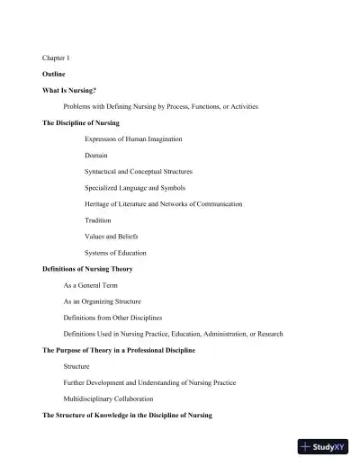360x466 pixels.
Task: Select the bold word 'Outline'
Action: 54,73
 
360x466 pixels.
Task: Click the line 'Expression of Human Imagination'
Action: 133,139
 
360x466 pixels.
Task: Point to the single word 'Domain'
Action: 96,155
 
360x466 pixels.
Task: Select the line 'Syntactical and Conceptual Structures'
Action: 139,171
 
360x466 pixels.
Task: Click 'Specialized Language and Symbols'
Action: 133,187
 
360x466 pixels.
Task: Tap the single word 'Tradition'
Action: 98,220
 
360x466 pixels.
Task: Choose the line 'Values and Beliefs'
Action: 112,236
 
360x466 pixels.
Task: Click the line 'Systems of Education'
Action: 115,252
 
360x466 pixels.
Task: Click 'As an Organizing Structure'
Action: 102,301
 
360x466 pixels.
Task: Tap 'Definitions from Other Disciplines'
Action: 112,318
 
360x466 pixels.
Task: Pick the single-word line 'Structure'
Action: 76,366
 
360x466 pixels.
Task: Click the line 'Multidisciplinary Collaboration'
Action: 108,399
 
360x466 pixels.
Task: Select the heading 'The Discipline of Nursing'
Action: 81,122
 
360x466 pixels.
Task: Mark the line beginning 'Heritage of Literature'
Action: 163,203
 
